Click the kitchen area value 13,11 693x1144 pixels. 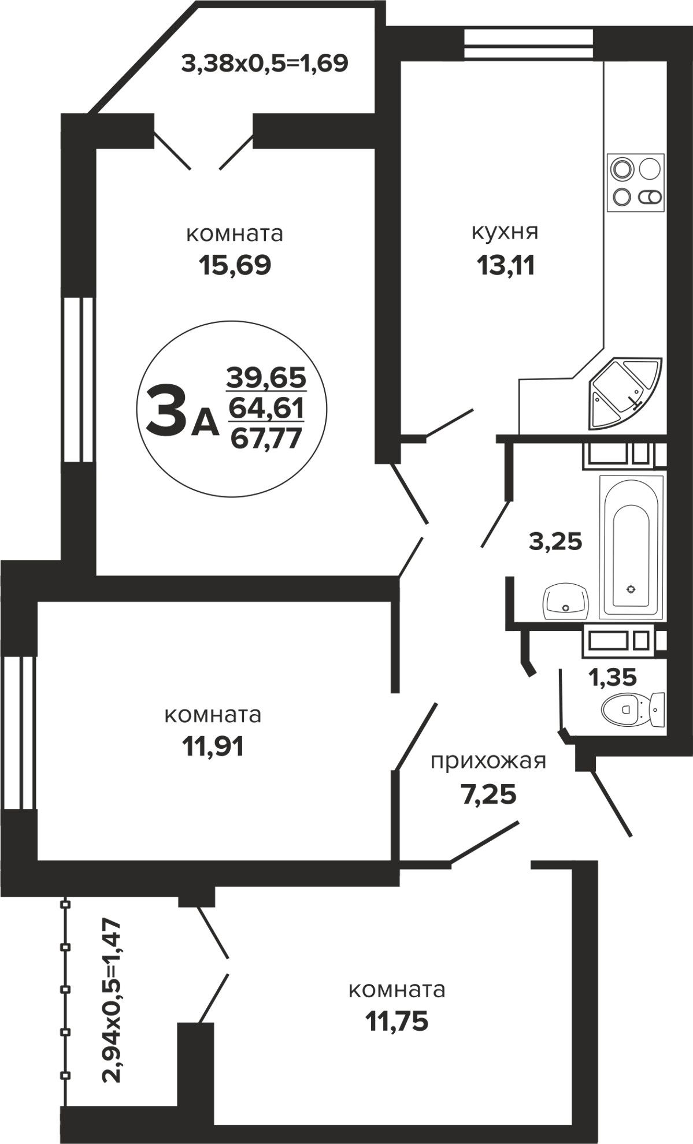(506, 266)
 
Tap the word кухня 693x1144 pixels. (505, 232)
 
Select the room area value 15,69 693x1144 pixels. (234, 266)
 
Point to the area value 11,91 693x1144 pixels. (213, 746)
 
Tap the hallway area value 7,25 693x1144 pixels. (488, 796)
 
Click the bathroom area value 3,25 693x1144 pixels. (555, 541)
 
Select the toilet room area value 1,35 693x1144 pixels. (612, 677)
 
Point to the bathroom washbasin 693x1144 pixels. (565, 601)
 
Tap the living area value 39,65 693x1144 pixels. (265, 379)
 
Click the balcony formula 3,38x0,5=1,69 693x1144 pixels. (265, 63)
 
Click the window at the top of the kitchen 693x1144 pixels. (529, 44)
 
